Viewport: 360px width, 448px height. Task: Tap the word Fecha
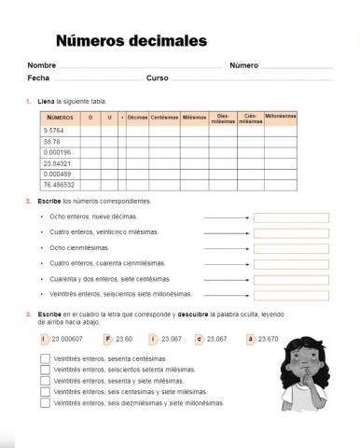coord(38,78)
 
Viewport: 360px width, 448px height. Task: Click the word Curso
coord(157,78)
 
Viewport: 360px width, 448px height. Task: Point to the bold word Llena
coord(43,100)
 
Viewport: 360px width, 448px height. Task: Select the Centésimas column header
coord(165,118)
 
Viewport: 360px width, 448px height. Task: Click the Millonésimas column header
coord(280,117)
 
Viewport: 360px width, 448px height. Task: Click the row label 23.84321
coord(58,162)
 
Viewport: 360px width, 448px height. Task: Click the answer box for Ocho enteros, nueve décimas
coord(291,217)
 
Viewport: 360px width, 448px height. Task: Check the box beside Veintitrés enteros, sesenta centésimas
coord(46,358)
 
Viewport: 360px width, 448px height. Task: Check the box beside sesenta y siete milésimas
coord(46,381)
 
